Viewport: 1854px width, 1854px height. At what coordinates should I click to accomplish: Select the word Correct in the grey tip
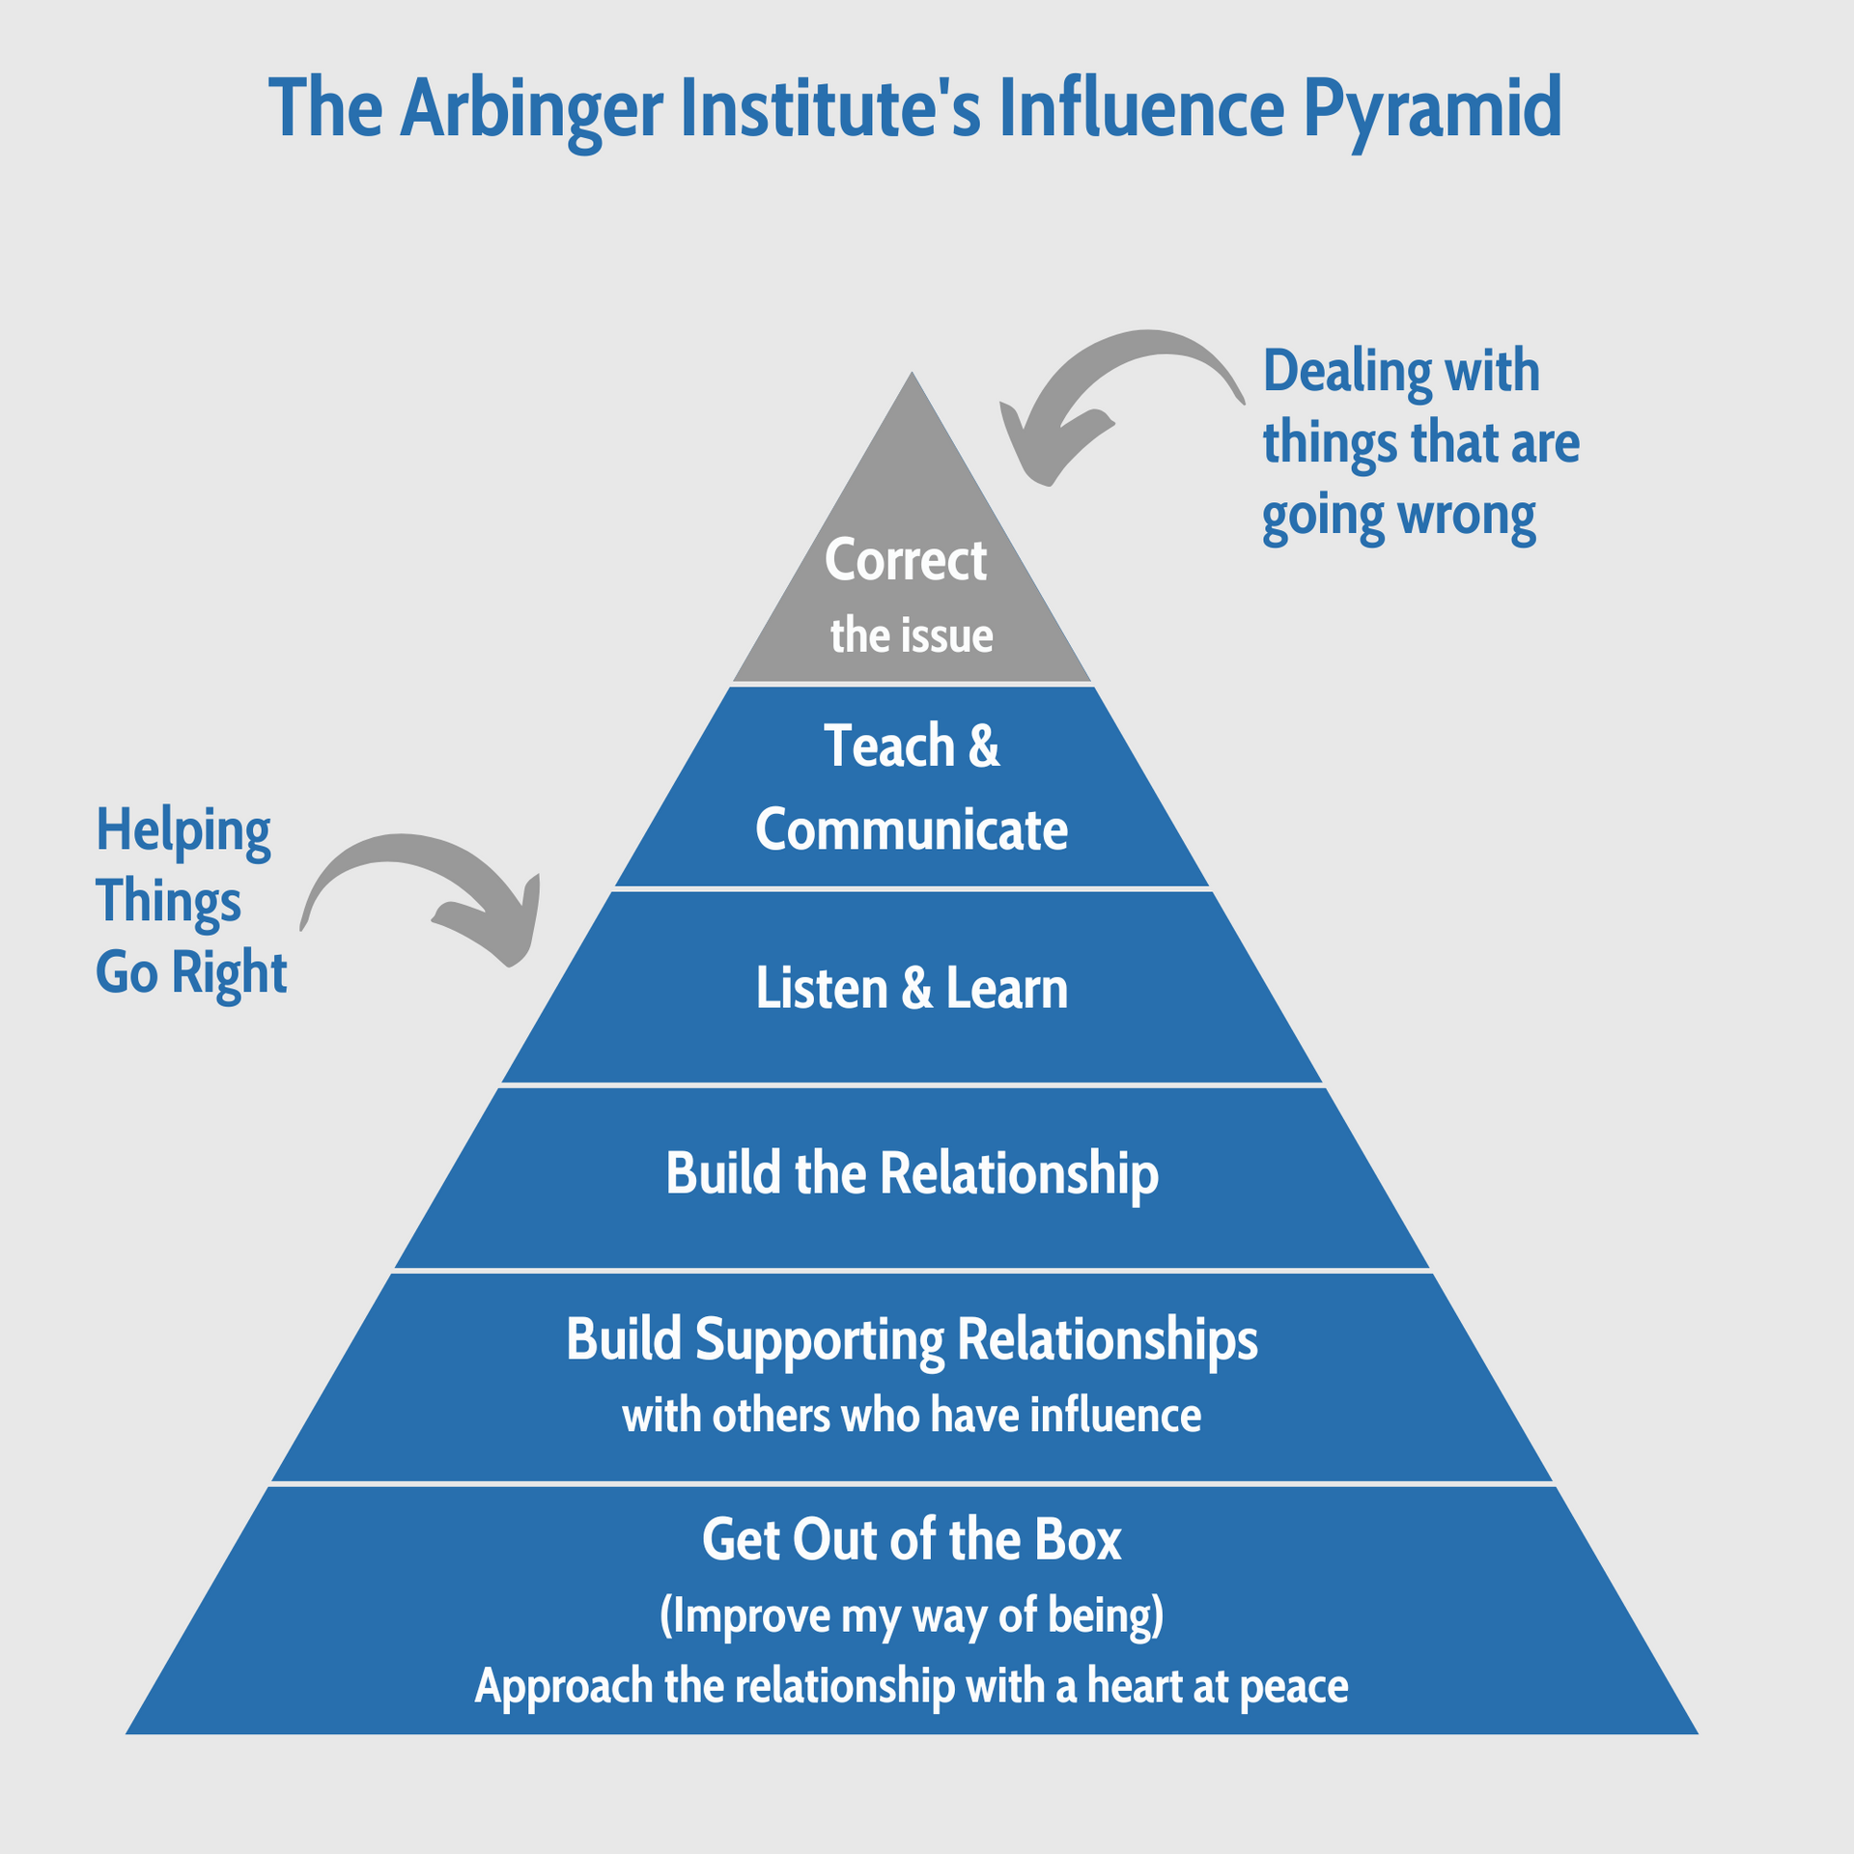point(906,560)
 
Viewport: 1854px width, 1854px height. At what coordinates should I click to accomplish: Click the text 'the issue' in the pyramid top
point(912,636)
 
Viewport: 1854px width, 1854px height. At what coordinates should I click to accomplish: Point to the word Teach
point(889,746)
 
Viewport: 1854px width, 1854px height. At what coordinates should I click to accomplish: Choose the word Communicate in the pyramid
point(912,829)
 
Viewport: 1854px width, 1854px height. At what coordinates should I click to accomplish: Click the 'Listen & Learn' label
point(912,989)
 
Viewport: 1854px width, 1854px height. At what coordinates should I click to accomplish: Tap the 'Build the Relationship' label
point(912,1174)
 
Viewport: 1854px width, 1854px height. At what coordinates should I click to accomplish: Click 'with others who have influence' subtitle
point(912,1416)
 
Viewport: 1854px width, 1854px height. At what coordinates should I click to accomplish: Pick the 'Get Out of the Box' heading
point(912,1540)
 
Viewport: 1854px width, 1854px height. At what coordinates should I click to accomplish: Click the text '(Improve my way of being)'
point(912,1615)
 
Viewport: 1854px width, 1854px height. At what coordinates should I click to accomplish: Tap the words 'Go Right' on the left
point(191,971)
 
